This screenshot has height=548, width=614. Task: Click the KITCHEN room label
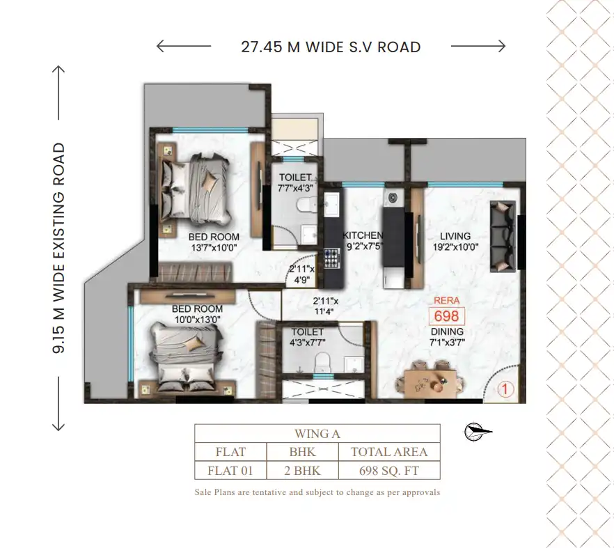[363, 235]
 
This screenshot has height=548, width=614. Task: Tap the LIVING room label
[455, 236]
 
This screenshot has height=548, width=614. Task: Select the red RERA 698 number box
[447, 316]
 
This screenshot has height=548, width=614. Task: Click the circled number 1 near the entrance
[505, 389]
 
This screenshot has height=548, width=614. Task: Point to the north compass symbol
[478, 432]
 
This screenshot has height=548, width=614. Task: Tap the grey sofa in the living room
[503, 236]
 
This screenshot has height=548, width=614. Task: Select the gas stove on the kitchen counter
[331, 258]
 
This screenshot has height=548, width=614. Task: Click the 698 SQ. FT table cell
[389, 470]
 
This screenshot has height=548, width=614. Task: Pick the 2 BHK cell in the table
[302, 470]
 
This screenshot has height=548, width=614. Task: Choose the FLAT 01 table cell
[230, 470]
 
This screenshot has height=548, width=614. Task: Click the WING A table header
[317, 434]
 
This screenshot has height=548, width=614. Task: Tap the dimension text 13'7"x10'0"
[214, 248]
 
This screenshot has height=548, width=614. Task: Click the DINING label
[447, 331]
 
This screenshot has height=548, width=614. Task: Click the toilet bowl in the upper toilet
[305, 204]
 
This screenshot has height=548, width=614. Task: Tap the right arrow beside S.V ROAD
[478, 46]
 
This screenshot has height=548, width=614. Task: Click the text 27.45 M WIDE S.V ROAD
[331, 47]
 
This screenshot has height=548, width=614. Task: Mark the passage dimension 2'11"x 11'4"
[325, 306]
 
